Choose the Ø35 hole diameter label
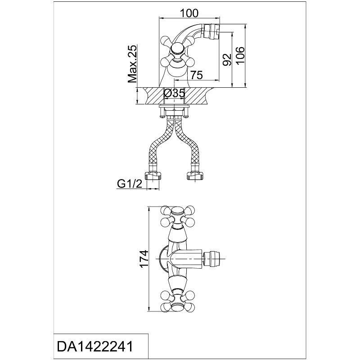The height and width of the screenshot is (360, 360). point(174,94)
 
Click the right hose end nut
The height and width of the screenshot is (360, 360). point(196,175)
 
